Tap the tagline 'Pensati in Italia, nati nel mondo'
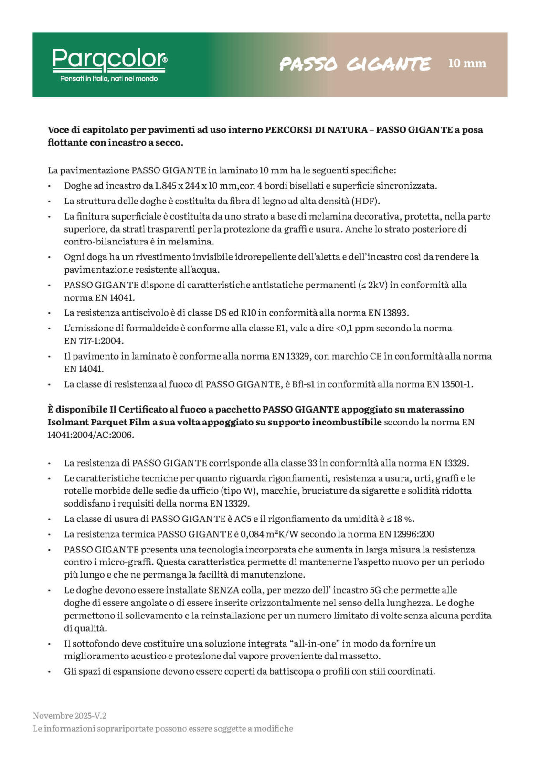click(109, 79)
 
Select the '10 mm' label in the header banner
click(467, 63)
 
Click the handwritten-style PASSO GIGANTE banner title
click(355, 64)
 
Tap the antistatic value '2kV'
click(377, 285)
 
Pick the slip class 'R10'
click(249, 313)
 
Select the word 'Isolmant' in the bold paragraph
click(66, 422)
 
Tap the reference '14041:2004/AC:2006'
click(91, 435)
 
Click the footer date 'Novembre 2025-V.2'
click(70, 716)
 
